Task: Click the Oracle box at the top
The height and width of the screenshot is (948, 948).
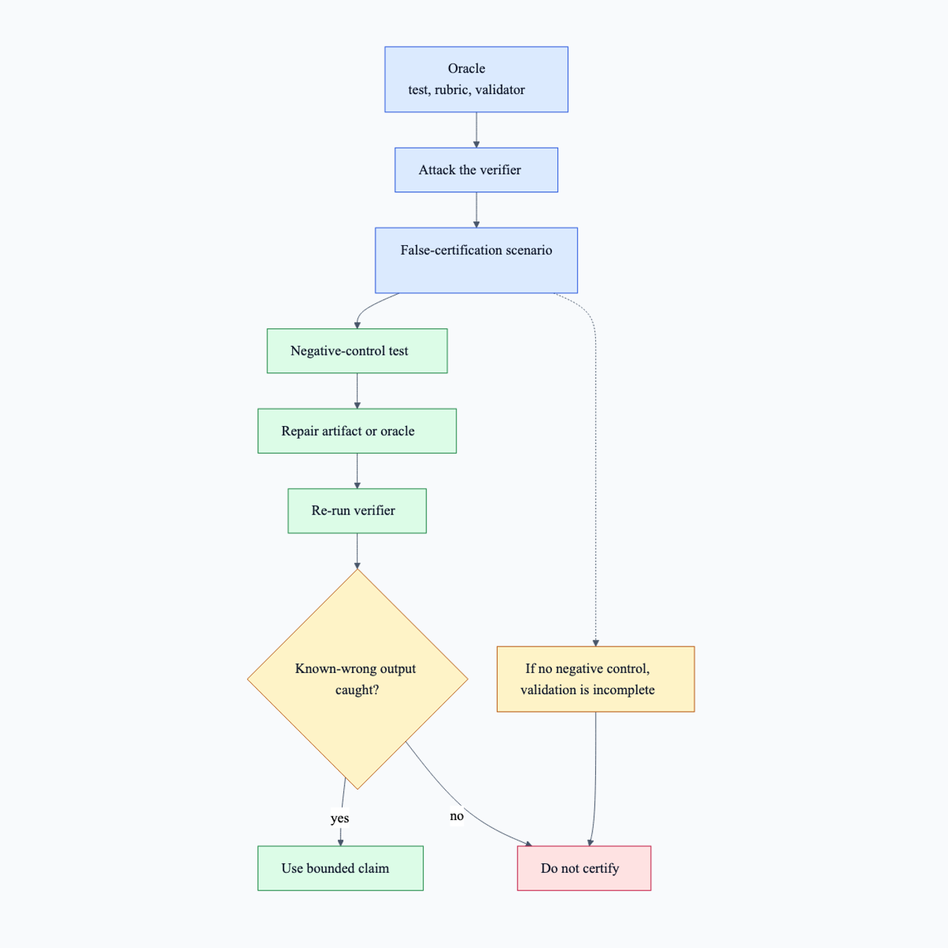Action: click(x=476, y=79)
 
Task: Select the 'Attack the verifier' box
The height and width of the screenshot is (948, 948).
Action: click(x=476, y=170)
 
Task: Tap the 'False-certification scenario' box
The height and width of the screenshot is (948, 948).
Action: click(x=476, y=260)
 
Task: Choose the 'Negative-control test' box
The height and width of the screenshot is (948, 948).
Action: click(x=357, y=351)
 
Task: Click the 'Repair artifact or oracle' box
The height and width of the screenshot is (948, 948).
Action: click(x=357, y=431)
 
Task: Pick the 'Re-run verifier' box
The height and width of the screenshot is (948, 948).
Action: click(x=357, y=511)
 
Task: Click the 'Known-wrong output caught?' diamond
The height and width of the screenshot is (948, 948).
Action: click(x=358, y=679)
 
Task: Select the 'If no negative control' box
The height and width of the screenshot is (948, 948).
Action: click(x=596, y=679)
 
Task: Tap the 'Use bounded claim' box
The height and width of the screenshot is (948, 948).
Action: click(x=341, y=868)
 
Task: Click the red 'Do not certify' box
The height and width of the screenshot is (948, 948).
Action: click(x=584, y=868)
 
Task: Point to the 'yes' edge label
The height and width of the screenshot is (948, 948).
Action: click(x=340, y=818)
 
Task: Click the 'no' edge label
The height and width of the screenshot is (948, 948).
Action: click(x=456, y=816)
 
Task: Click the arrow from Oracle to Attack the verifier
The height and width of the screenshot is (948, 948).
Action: click(x=476, y=130)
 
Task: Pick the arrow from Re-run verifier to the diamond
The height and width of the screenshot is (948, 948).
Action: click(x=357, y=551)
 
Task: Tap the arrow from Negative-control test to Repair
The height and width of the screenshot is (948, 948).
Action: click(x=357, y=391)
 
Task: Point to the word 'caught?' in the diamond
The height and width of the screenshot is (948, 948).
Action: click(x=357, y=690)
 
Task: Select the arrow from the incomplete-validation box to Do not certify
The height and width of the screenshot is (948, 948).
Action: click(x=595, y=779)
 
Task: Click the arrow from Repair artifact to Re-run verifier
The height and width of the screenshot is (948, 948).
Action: click(x=357, y=471)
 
